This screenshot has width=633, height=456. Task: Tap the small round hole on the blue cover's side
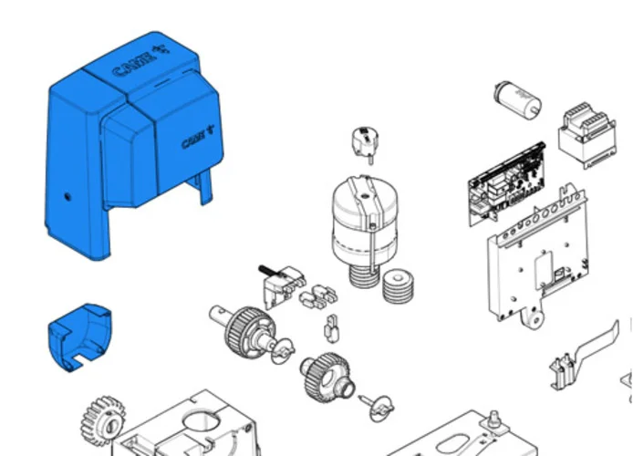coord(67,197)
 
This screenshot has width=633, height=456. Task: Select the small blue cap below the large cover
coord(79,337)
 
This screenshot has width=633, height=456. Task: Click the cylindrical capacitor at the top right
coord(517,99)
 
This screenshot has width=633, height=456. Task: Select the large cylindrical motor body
coord(366,220)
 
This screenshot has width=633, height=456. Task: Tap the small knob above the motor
coord(366,144)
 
